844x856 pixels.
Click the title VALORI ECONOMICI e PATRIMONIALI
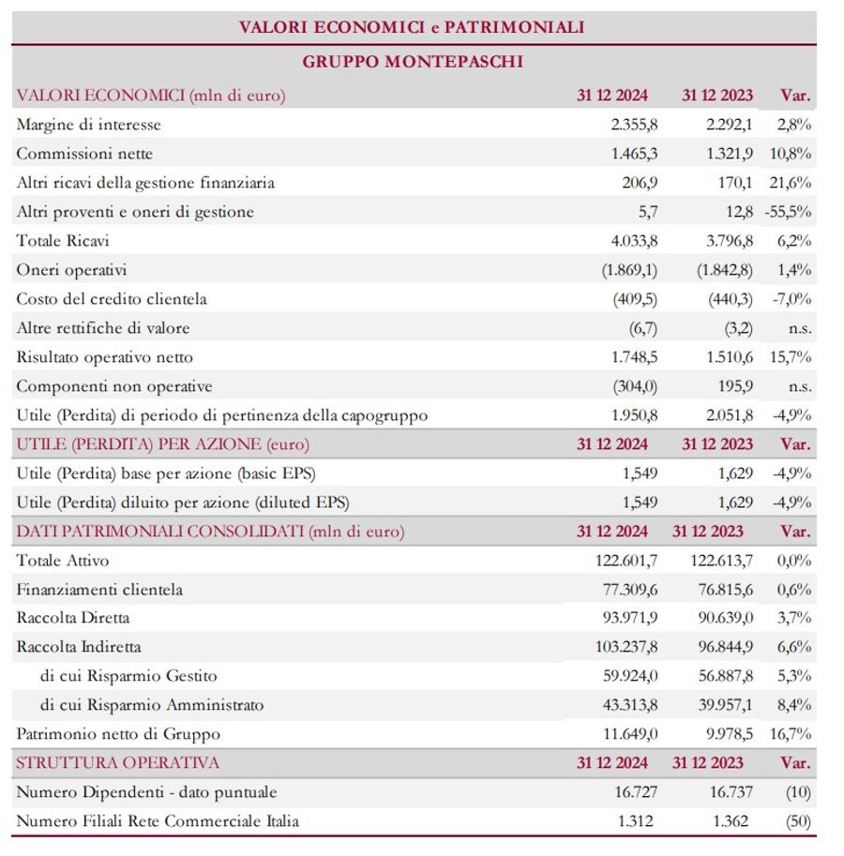tap(412, 27)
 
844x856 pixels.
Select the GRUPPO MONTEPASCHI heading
tap(414, 62)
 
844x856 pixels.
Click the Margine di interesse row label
tap(89, 125)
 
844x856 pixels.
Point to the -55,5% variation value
tap(789, 212)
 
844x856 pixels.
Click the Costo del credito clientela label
tap(112, 299)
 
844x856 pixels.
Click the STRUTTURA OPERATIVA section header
tap(118, 763)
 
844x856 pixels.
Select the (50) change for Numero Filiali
tap(799, 821)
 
